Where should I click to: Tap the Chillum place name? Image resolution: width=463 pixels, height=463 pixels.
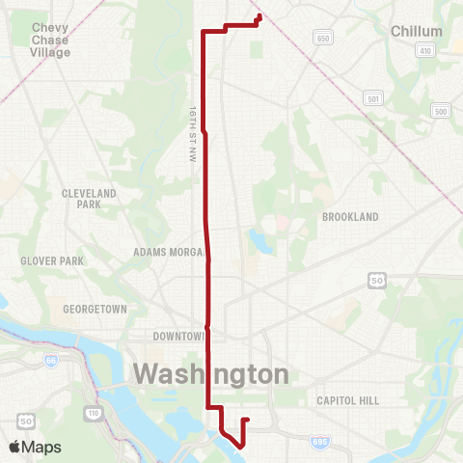417,32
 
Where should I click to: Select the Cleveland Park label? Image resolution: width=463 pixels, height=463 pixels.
89,199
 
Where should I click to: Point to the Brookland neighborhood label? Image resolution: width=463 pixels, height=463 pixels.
350,217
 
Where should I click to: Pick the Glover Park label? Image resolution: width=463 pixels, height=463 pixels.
52,260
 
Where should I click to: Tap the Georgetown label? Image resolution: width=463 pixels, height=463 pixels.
95,309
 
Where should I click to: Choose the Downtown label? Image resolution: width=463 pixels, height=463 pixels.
178,337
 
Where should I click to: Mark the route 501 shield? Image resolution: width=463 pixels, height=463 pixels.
373,97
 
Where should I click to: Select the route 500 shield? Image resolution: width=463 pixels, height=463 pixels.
441,112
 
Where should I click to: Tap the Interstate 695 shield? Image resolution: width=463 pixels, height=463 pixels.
318,441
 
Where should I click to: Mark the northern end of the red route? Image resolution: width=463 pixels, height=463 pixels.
260,15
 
